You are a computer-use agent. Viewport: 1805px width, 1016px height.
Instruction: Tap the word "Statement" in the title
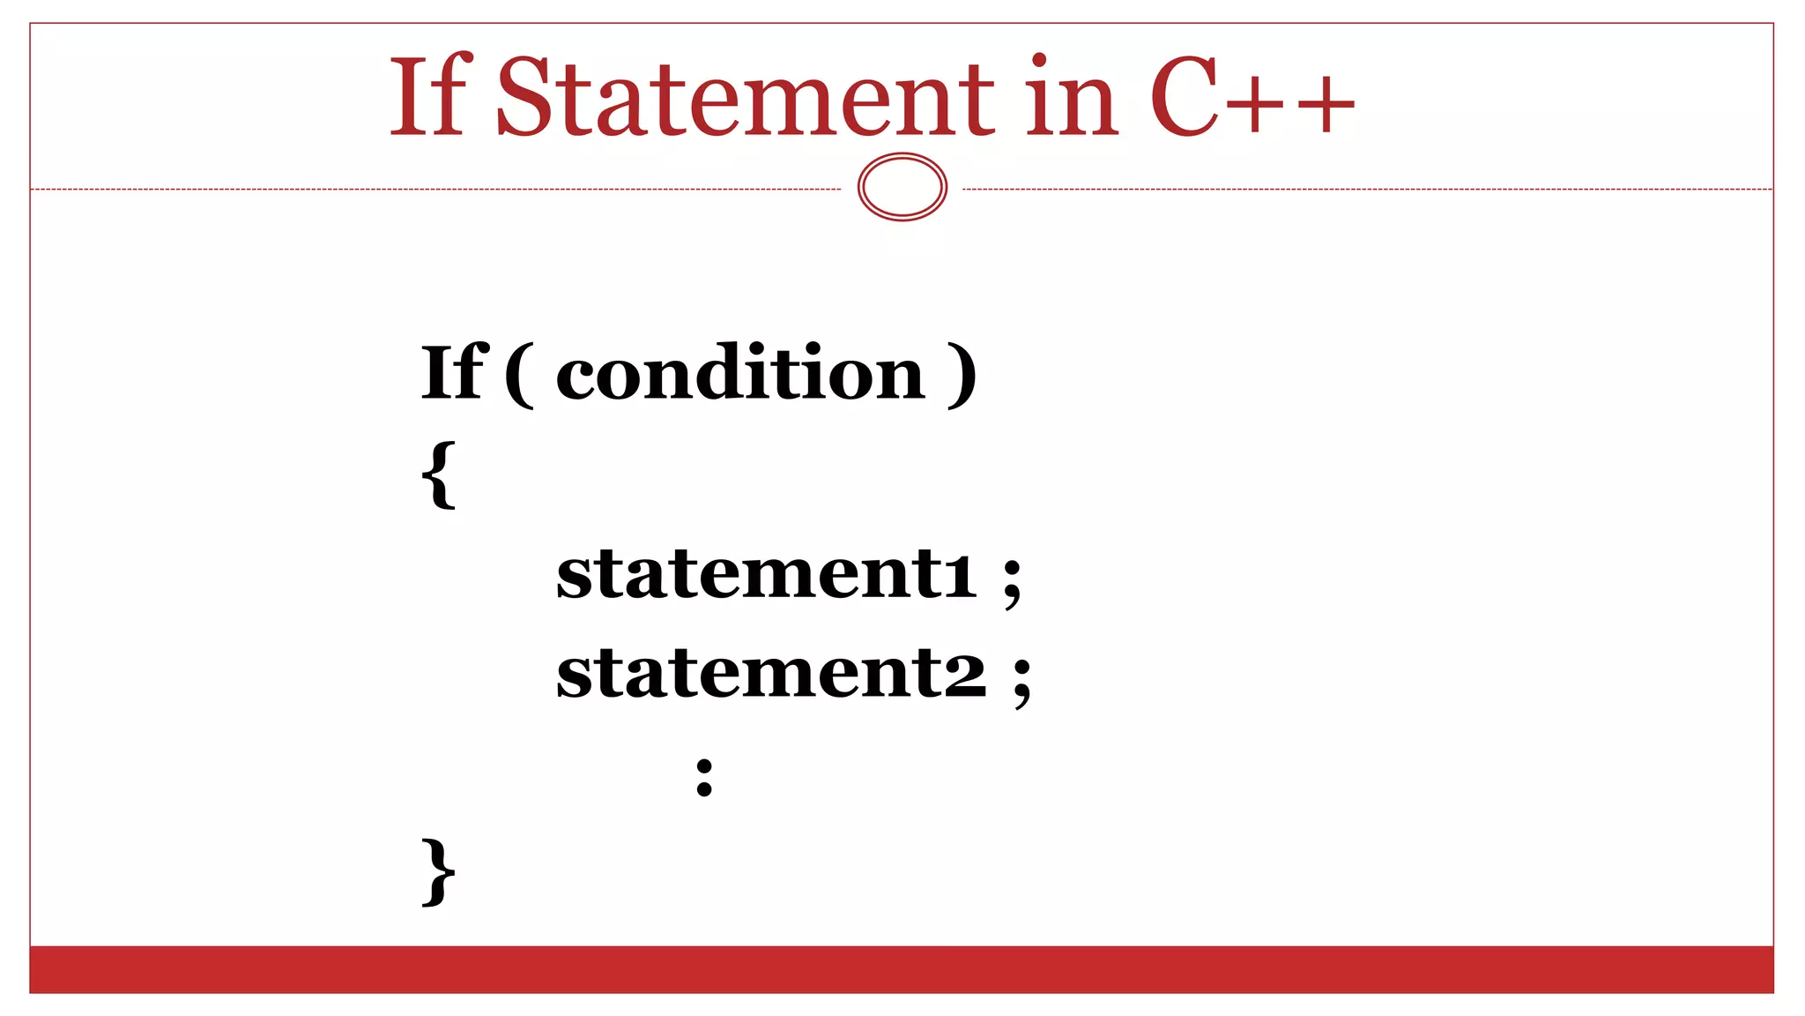click(745, 97)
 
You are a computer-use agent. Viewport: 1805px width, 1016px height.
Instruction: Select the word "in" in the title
click(1072, 97)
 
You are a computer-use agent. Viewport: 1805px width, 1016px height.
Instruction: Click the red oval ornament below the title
click(902, 187)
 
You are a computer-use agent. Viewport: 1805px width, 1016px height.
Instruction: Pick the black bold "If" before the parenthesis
click(453, 372)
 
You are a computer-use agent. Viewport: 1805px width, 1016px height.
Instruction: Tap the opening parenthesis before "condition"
click(519, 375)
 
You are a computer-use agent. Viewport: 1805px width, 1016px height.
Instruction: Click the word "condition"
click(740, 372)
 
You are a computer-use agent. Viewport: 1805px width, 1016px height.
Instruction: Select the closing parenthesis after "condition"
click(963, 375)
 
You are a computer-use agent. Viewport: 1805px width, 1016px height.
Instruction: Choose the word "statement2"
click(771, 672)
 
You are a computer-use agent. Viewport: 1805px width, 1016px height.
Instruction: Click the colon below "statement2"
click(703, 776)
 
